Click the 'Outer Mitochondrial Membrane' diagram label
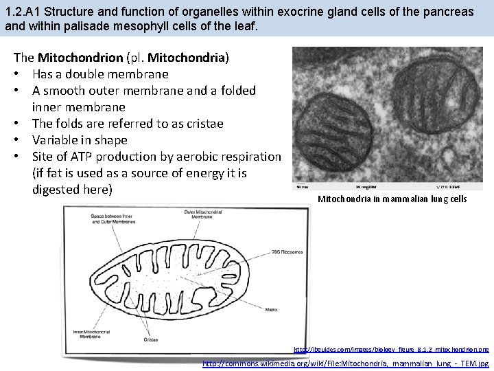coord(205,216)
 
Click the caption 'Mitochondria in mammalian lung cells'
coord(392,199)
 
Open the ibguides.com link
coord(391,350)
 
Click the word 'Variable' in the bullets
coord(56,140)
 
